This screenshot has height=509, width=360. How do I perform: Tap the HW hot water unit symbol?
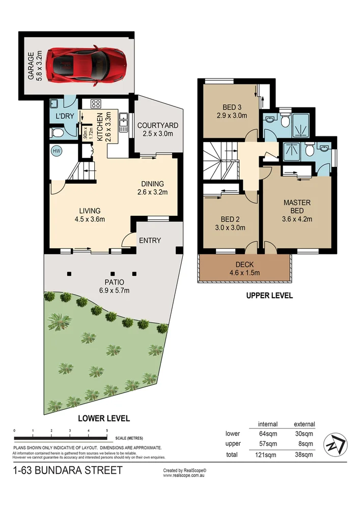click(x=57, y=151)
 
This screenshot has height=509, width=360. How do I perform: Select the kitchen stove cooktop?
click(x=95, y=103)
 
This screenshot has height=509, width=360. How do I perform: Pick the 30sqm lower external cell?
click(x=304, y=434)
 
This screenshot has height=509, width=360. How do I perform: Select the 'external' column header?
click(x=304, y=424)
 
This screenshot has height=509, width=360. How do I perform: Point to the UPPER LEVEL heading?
click(x=269, y=295)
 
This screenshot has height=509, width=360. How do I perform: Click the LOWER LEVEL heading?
click(x=103, y=418)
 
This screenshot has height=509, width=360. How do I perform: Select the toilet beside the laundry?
click(x=57, y=133)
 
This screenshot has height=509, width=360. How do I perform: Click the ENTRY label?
click(x=150, y=240)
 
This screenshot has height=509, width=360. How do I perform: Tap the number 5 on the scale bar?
click(x=107, y=431)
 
